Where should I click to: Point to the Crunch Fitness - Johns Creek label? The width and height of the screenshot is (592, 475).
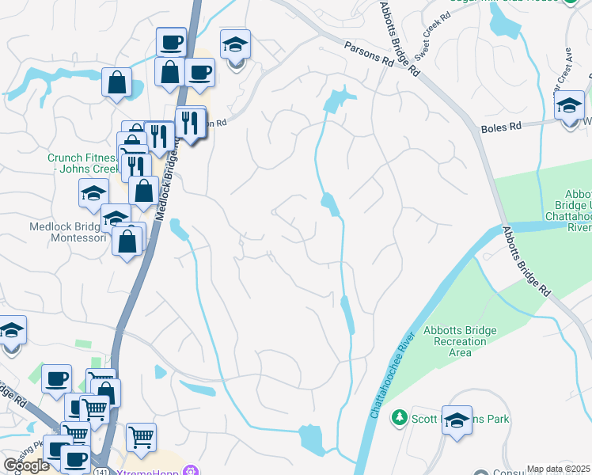(82, 163)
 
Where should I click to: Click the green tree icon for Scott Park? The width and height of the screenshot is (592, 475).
(401, 417)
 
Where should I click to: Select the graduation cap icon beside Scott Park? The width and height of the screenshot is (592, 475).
(457, 420)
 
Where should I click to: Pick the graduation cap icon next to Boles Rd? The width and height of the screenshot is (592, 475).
(569, 106)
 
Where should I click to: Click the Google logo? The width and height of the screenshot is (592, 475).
(27, 465)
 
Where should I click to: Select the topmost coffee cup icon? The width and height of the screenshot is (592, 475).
(170, 42)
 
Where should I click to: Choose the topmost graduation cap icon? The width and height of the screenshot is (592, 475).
(235, 45)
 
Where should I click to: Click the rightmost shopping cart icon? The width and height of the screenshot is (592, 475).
(141, 437)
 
